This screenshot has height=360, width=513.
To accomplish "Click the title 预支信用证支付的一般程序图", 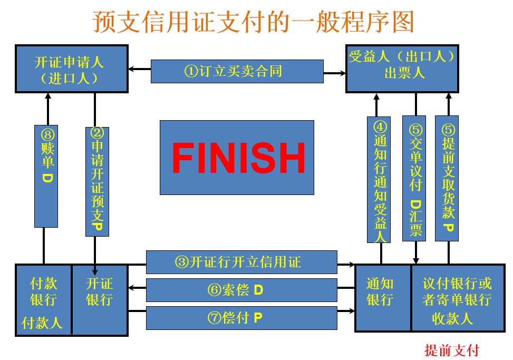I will [254, 22].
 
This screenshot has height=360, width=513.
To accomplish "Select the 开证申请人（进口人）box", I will [71, 69].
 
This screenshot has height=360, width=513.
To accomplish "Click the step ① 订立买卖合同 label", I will [237, 71].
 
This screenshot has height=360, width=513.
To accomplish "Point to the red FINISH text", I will [238, 158].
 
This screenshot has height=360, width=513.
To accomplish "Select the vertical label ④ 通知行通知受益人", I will [379, 179].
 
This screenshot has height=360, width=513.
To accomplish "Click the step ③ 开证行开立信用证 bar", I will [241, 262].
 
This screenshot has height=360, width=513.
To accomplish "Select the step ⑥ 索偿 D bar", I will [241, 289].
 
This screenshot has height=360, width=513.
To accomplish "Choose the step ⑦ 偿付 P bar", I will [241, 317].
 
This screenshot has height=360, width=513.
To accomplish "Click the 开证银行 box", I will [99, 291].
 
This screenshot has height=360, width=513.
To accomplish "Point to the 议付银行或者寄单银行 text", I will [457, 291].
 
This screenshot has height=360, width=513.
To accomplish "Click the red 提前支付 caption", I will [452, 350].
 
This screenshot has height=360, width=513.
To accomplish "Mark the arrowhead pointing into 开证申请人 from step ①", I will [132, 69].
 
